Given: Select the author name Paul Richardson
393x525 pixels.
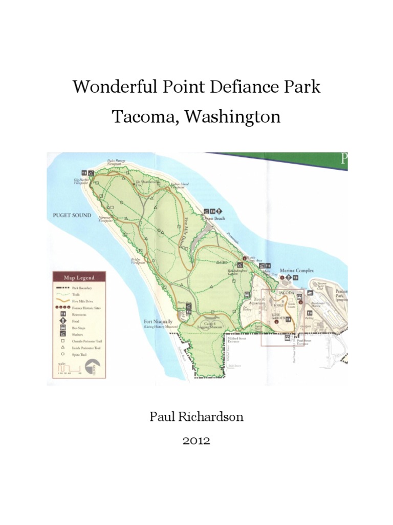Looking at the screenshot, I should pyautogui.click(x=196, y=416).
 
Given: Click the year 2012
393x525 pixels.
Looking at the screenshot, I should pyautogui.click(x=196, y=441).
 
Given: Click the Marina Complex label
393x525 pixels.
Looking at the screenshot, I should pyautogui.click(x=296, y=270).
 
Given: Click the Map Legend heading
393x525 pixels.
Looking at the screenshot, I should pyautogui.click(x=79, y=278).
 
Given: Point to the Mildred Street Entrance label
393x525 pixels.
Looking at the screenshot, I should pyautogui.click(x=236, y=339).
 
